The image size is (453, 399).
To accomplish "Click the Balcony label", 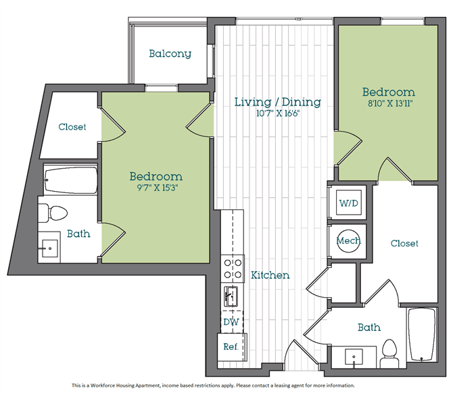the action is (x=170, y=53).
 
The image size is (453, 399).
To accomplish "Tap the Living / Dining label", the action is (x=277, y=102).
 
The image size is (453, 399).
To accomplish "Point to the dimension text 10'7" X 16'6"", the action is (x=277, y=113).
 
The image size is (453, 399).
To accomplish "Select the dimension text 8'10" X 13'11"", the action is (x=389, y=103).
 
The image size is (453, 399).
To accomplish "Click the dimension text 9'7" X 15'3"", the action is (x=157, y=188).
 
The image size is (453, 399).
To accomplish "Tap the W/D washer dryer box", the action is (x=349, y=203).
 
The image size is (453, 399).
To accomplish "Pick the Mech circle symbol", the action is (x=348, y=241).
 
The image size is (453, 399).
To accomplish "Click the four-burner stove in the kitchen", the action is (x=233, y=269).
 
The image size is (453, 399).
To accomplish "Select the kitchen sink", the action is (x=231, y=296).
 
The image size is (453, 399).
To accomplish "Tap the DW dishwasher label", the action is (x=231, y=321).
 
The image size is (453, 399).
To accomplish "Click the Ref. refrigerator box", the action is (x=232, y=347).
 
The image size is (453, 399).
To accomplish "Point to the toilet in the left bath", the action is (x=53, y=213).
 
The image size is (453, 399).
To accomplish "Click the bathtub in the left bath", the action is (x=70, y=181).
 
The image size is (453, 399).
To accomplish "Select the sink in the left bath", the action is (x=49, y=248).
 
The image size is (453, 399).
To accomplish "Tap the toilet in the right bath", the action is (x=389, y=354).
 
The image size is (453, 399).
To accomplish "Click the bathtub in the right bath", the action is (x=421, y=335).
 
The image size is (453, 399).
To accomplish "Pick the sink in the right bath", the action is (x=354, y=357).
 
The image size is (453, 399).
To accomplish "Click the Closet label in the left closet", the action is (x=72, y=127).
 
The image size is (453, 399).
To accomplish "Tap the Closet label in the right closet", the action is (x=404, y=244).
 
